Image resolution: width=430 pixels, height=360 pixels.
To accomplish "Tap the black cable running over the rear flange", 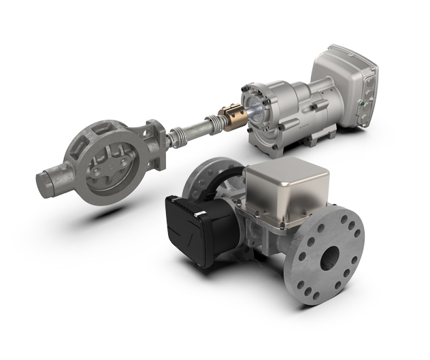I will [218, 178].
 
